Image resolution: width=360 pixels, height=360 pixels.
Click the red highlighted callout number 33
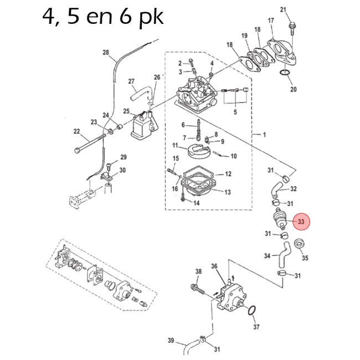[301, 222]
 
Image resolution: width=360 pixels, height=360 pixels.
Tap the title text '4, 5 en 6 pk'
[102, 17]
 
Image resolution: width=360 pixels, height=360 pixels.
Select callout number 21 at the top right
[283, 10]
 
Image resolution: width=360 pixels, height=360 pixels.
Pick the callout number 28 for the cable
[106, 53]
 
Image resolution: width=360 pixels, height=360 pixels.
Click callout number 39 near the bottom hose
[171, 340]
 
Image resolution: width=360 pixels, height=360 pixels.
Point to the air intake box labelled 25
[143, 126]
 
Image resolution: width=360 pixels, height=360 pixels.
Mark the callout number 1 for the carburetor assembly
[264, 135]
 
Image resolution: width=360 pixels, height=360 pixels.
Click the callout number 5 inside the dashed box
[235, 112]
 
